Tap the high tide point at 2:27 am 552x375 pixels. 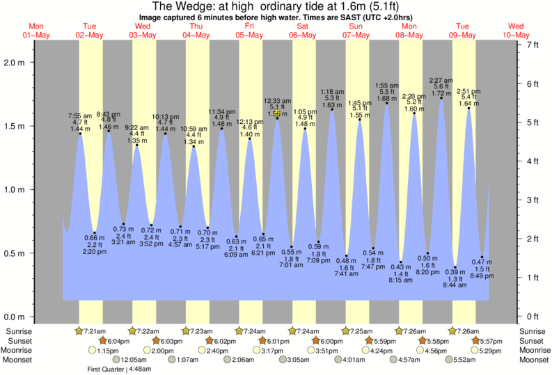coord(441,98)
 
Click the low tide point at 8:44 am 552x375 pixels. coord(455,267)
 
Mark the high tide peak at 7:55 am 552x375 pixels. coord(79,134)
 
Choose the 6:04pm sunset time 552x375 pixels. coord(120,341)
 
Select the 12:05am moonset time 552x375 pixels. coord(134,360)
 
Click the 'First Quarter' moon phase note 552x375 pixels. coord(119,369)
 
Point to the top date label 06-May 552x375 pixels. coord(302,34)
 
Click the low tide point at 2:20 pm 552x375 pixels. coord(95,232)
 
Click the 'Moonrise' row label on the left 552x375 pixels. coord(22,351)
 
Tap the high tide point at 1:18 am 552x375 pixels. coord(332,109)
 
